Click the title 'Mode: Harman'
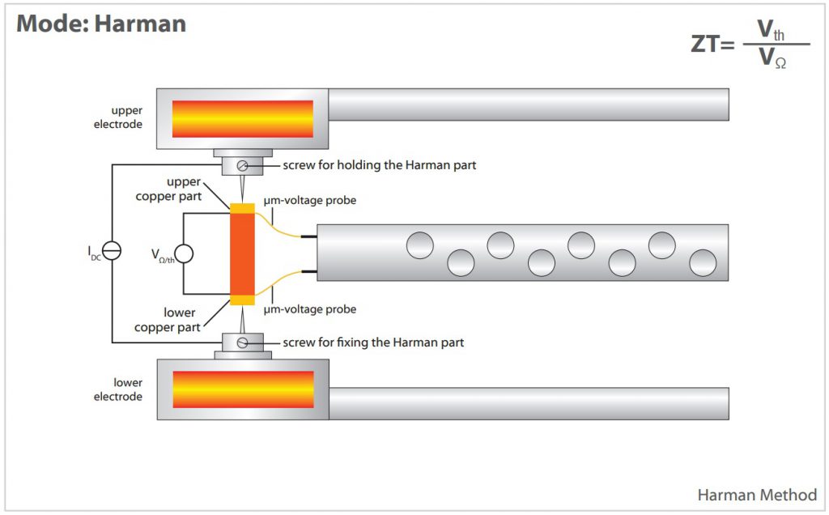pos(101,23)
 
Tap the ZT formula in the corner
pos(750,45)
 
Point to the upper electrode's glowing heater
pos(242,118)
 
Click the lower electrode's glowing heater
pos(243,389)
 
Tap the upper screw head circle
pos(242,166)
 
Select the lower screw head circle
pos(242,343)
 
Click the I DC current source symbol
pos(113,252)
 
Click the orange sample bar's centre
pos(242,254)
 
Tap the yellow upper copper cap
pos(242,208)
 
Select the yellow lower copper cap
pos(242,300)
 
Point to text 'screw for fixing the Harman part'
pos(373,343)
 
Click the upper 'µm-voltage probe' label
pos(310,200)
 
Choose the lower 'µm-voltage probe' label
pos(310,309)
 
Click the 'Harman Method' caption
pos(757,495)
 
